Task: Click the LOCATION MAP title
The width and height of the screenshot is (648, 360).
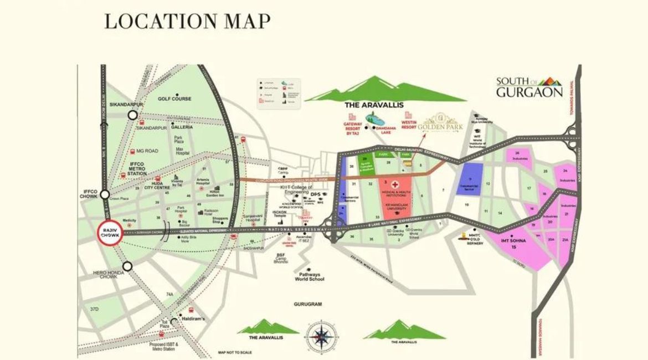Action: point(187,21)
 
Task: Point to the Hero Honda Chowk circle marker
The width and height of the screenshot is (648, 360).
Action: point(127,266)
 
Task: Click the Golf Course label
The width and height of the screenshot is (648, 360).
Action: point(174,99)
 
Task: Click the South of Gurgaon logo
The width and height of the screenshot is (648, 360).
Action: point(528,86)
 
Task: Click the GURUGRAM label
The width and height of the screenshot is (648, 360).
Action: point(308,304)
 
